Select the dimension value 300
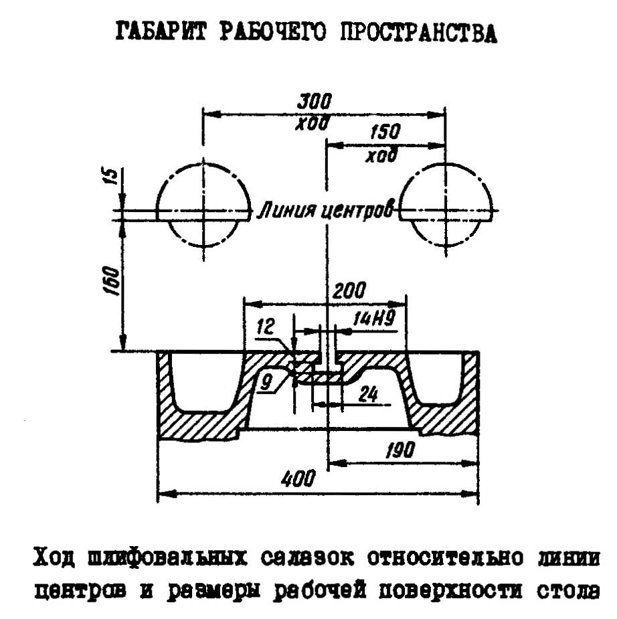tap(315, 102)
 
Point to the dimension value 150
tap(381, 131)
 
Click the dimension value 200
tap(349, 290)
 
